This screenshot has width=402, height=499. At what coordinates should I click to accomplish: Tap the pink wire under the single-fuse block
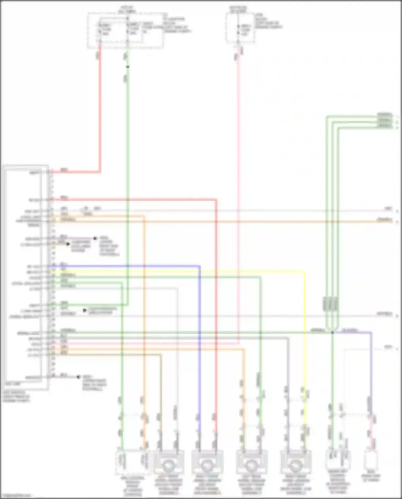point(238,188)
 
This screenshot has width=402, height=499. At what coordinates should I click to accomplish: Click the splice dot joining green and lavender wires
point(332,332)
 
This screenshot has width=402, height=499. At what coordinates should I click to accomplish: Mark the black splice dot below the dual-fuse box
point(128,67)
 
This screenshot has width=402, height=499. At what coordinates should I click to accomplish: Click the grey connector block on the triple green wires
point(330,304)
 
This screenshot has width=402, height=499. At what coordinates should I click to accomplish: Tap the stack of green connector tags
point(385,121)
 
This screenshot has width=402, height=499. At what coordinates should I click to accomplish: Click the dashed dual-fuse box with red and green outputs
point(125,30)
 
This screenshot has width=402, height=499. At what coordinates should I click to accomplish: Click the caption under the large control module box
point(16,396)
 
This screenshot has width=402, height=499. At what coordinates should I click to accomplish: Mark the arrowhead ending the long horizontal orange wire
point(397,222)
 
